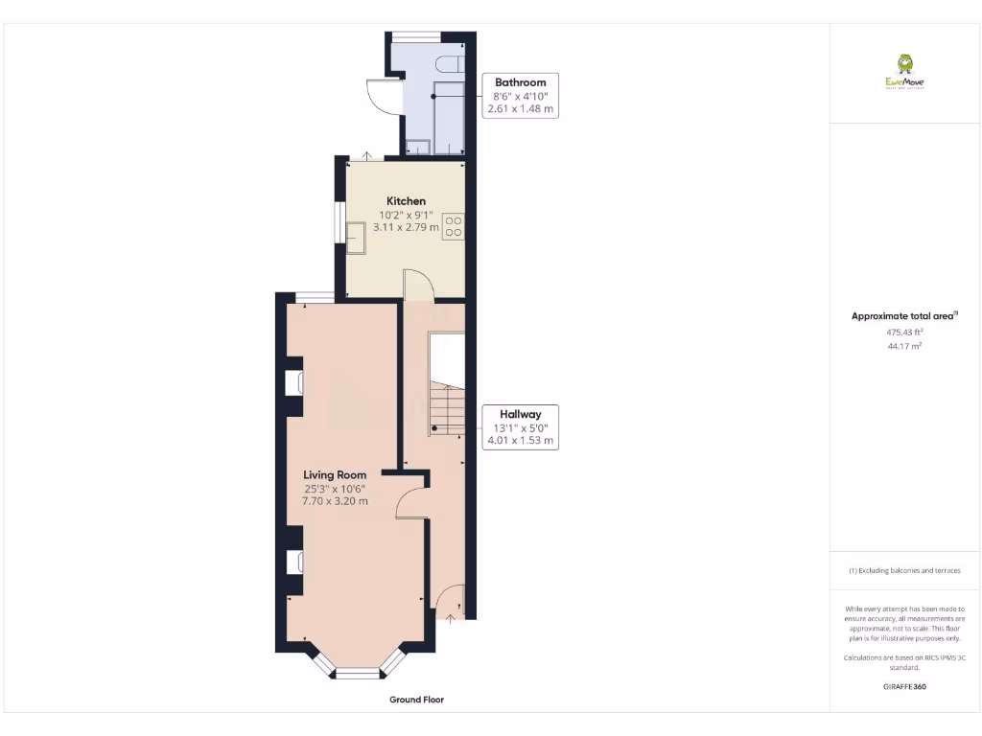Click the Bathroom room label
tap(520, 82)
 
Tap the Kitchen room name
tap(407, 201)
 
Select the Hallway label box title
tap(520, 414)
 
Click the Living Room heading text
tap(335, 474)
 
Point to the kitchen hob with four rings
tap(454, 226)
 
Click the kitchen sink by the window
tap(356, 236)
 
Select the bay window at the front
tap(357, 672)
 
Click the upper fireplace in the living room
tap(294, 382)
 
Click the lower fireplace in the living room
tap(294, 561)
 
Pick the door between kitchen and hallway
tap(418, 285)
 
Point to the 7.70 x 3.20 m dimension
tap(335, 501)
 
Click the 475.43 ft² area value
tap(904, 333)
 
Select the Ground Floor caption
tap(416, 700)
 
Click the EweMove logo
tap(904, 72)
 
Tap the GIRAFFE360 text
tap(904, 686)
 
